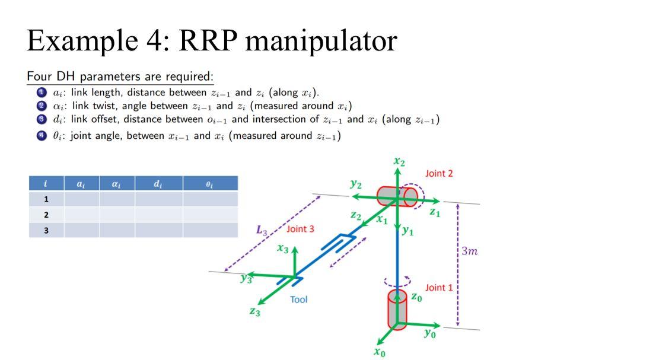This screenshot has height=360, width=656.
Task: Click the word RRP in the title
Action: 207,40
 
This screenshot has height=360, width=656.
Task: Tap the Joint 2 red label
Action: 439,173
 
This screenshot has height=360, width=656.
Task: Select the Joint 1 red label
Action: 439,288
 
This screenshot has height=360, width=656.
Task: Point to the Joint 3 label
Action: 301,229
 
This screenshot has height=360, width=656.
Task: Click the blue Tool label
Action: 298,300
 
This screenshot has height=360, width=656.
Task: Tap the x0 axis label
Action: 380,352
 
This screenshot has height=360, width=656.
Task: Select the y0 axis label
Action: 430,334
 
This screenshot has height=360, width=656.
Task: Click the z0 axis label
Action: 417,298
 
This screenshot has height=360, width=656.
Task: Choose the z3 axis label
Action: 254,312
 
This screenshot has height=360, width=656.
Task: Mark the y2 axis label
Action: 355,184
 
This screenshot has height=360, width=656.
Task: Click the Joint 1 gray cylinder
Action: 397,308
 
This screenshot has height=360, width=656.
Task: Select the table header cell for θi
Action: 210,183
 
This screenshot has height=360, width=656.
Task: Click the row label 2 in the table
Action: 46,214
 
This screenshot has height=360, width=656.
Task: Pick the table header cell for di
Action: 158,183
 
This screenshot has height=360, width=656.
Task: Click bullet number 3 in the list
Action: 41,119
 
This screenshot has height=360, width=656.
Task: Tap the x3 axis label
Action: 282,249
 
